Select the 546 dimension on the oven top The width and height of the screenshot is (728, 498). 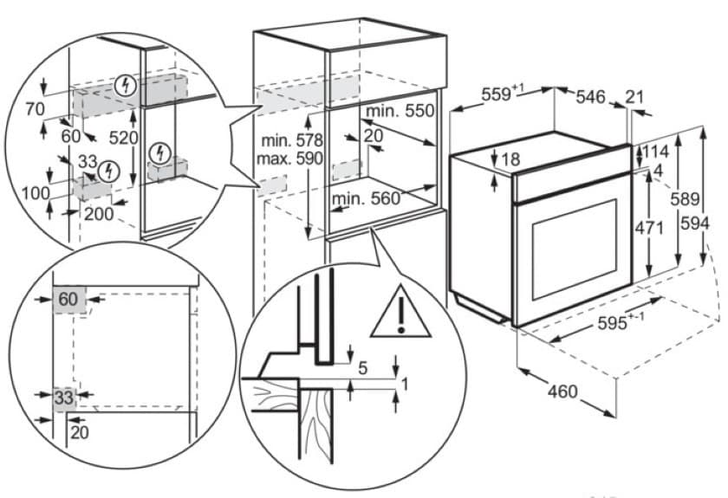click(x=593, y=96)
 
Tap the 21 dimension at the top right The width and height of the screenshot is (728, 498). click(x=635, y=96)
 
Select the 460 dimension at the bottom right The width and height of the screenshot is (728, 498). click(x=562, y=391)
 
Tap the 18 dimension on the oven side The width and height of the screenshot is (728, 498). click(x=510, y=160)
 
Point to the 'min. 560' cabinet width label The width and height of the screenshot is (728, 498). click(x=367, y=198)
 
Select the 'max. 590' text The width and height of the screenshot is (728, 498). click(x=289, y=158)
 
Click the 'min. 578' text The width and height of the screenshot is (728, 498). click(x=289, y=140)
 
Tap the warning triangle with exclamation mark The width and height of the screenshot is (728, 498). click(x=400, y=313)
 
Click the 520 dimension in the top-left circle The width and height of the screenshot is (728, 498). click(x=147, y=138)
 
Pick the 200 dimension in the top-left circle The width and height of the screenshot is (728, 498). click(x=99, y=213)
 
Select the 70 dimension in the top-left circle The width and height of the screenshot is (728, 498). click(x=35, y=109)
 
